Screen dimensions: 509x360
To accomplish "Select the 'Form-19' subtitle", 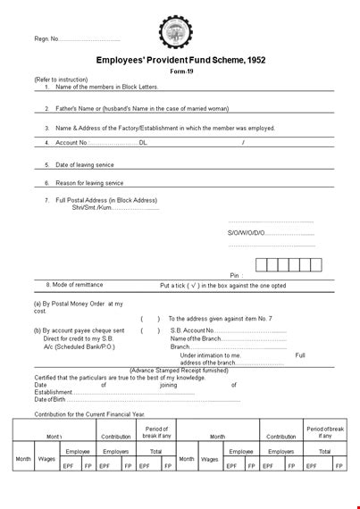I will tap(180, 72).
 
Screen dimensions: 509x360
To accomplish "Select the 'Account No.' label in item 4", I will tap(72, 142).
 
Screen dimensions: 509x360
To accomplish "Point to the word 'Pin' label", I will tap(235, 276).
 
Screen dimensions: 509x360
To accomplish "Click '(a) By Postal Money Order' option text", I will tap(79, 304).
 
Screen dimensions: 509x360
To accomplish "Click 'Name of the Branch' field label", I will tap(195, 338).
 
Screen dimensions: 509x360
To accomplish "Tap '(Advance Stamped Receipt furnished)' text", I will tap(180, 370).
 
